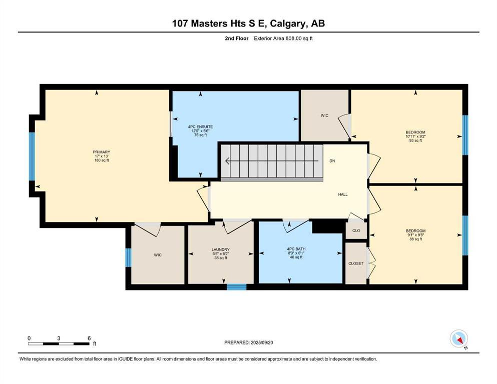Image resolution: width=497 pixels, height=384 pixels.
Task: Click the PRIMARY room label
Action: click(x=101, y=152)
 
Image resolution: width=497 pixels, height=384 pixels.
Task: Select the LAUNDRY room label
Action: click(x=220, y=249)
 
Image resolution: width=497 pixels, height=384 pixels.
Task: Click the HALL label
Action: click(x=342, y=194)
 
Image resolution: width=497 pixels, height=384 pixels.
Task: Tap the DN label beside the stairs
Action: click(x=332, y=161)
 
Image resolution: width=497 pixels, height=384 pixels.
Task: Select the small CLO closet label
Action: click(x=356, y=231)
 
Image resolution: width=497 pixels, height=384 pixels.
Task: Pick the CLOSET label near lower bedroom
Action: click(x=356, y=263)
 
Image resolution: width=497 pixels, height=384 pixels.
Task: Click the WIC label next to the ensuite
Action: click(x=324, y=115)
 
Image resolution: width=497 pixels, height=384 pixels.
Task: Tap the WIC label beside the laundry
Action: click(x=158, y=255)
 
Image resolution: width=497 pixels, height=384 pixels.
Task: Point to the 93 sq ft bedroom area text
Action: click(x=415, y=141)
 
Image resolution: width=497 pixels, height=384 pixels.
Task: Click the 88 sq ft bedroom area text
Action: click(x=415, y=239)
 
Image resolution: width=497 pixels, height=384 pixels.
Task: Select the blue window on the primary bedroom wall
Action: click(x=32, y=156)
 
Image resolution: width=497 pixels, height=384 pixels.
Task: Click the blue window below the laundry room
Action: click(x=236, y=287)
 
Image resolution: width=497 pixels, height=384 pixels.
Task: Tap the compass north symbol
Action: click(x=458, y=339)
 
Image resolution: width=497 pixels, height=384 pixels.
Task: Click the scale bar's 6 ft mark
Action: click(x=89, y=338)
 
